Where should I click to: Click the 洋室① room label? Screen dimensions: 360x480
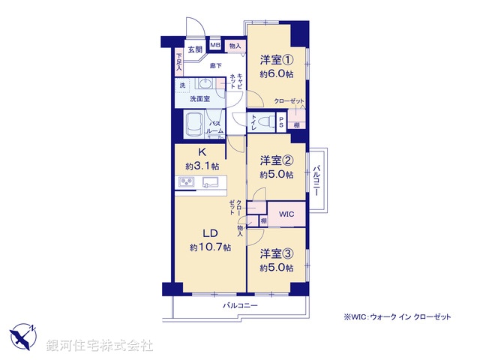[276, 60]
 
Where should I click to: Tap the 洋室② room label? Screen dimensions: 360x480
[276, 160]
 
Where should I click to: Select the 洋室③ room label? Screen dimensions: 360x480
[276, 253]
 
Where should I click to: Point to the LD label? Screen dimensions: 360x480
[209, 232]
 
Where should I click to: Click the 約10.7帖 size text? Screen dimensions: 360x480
[210, 247]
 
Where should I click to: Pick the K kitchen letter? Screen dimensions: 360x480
[202, 152]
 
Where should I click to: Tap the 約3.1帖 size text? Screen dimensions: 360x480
[202, 166]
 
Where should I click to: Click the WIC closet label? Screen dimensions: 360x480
[286, 215]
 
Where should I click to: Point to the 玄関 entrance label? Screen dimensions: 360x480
[195, 50]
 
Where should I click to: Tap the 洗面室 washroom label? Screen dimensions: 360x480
[198, 98]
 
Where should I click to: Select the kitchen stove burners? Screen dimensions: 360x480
[186, 182]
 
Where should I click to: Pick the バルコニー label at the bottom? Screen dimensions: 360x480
[240, 306]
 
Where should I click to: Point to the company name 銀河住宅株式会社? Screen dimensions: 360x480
[99, 346]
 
